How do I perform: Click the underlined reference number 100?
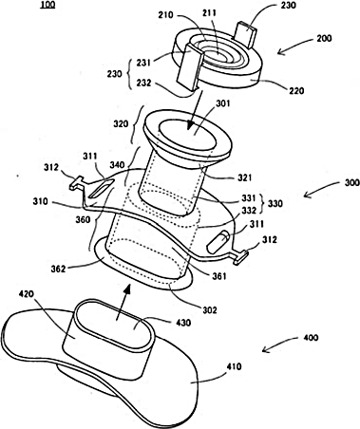(x=47, y=5)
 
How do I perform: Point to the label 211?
(x=210, y=13)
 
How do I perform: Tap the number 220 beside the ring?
(x=296, y=91)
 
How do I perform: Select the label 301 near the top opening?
(x=223, y=103)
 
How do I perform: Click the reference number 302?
(x=209, y=309)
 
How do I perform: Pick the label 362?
(x=59, y=269)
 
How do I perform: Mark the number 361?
(x=219, y=276)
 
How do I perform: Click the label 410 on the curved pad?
(x=234, y=367)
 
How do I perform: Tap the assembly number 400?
(x=311, y=338)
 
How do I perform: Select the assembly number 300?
(x=351, y=183)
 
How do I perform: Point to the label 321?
(x=244, y=177)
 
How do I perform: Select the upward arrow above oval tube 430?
(x=123, y=303)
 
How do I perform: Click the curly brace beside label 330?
(x=263, y=202)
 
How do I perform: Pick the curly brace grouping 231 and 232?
(x=129, y=73)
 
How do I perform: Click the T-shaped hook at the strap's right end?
(x=239, y=256)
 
